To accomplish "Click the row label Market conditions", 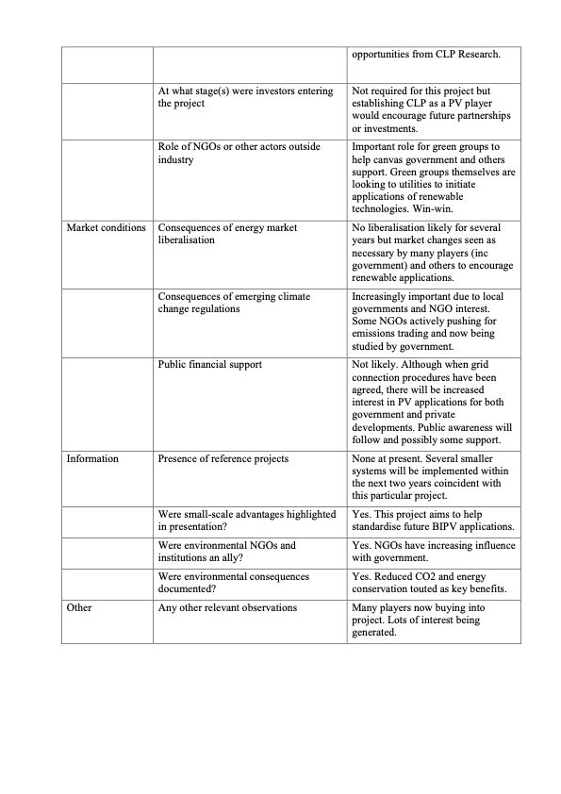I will click(x=106, y=227).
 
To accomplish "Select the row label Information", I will click(x=92, y=458).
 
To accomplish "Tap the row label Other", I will click(x=80, y=607).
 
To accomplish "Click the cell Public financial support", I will click(x=209, y=363).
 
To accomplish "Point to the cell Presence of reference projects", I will click(x=223, y=458).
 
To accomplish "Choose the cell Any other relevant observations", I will click(x=227, y=607).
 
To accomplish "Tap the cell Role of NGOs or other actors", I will click(x=240, y=153).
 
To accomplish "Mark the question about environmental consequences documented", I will click(x=233, y=581).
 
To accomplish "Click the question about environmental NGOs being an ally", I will click(x=226, y=552).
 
